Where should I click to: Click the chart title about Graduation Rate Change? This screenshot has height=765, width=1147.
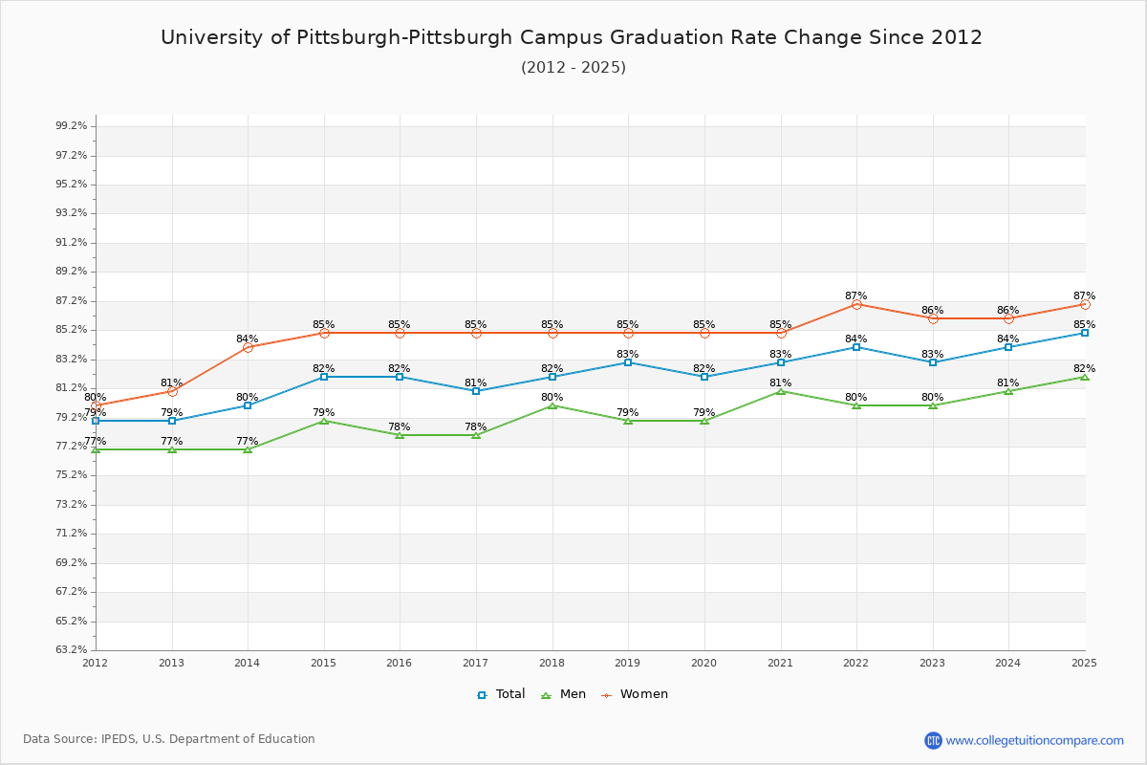tap(572, 37)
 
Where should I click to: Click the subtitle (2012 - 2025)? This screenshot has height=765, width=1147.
tap(573, 67)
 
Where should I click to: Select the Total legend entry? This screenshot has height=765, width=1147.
tap(502, 694)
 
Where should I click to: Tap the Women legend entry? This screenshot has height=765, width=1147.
tap(635, 694)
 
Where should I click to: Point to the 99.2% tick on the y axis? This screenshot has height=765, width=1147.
tap(72, 126)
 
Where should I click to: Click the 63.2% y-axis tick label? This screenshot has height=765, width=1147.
tap(72, 650)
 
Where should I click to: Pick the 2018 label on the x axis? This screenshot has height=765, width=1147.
tap(552, 663)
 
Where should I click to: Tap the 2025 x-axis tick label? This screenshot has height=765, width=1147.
tap(1084, 663)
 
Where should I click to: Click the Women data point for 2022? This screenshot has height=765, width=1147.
tap(856, 304)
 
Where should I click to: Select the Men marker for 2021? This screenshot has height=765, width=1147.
tap(781, 391)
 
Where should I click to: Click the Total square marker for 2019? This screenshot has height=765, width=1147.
tap(628, 362)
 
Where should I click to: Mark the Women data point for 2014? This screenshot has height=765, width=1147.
tap(248, 347)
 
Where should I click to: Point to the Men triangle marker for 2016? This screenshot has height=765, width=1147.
tap(400, 435)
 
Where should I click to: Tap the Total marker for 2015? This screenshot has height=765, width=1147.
tap(324, 377)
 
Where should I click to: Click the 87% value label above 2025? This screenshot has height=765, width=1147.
tap(1084, 295)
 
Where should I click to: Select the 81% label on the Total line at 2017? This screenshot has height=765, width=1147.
tap(475, 382)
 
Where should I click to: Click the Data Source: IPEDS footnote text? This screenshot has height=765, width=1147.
tap(169, 739)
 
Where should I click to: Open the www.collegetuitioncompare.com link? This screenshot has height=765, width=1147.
tap(1034, 740)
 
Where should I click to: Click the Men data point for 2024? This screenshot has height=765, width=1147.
tap(1008, 391)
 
